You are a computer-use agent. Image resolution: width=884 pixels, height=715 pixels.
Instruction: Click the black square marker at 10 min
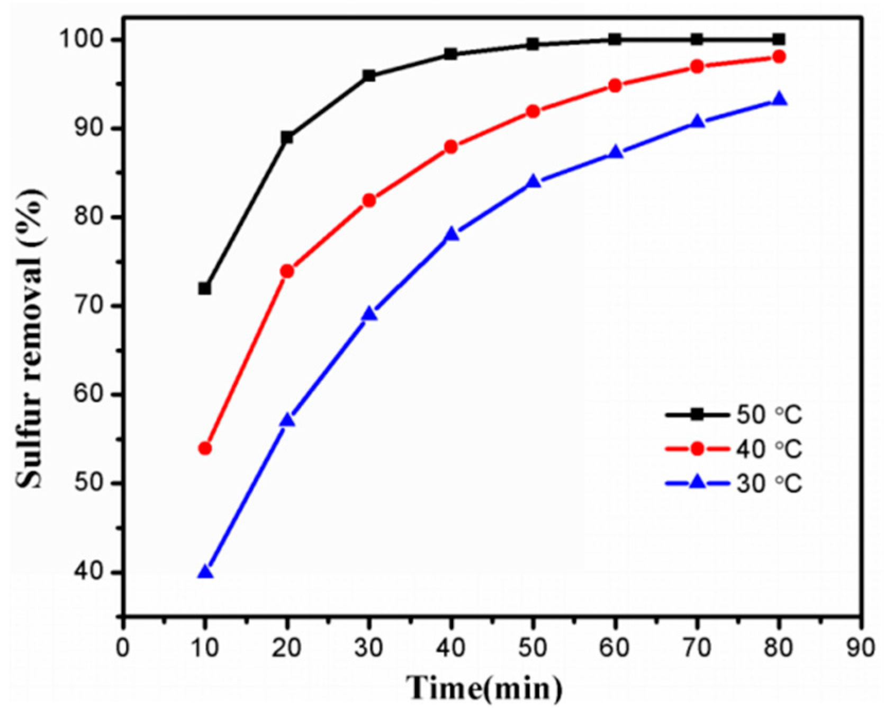[205, 289]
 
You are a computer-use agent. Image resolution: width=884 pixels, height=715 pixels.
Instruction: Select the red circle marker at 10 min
[205, 449]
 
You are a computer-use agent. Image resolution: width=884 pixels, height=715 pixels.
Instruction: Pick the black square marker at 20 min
[287, 138]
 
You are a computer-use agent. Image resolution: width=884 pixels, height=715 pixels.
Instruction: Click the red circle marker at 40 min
[451, 147]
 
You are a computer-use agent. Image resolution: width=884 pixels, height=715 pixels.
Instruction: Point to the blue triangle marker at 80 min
[779, 100]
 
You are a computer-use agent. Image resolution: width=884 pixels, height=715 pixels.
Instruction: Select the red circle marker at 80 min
[779, 57]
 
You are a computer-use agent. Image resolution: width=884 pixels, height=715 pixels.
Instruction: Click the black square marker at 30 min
[369, 76]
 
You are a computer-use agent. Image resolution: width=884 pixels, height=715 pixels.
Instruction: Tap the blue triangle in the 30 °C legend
[698, 482]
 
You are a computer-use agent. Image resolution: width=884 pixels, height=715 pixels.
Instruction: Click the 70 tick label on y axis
[93, 307]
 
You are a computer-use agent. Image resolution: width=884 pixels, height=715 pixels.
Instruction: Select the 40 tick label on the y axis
[93, 573]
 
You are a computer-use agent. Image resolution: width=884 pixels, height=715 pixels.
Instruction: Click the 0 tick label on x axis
[123, 647]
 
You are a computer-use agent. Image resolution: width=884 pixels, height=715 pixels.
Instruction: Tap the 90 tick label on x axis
[860, 647]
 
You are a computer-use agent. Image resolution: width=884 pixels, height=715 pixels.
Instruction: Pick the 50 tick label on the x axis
[533, 647]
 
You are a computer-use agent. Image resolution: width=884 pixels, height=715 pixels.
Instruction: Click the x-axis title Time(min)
[484, 688]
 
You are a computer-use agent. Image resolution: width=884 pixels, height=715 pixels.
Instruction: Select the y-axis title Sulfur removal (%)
[30, 339]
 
